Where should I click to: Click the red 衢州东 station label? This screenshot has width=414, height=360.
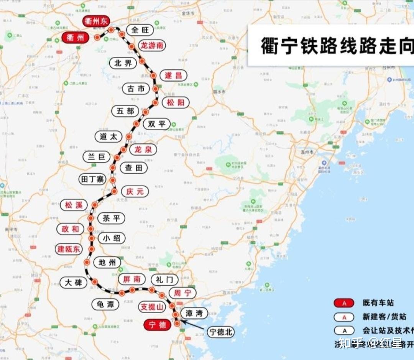pyautogui.click(x=96, y=21)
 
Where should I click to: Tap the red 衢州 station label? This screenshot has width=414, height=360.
pyautogui.click(x=75, y=38)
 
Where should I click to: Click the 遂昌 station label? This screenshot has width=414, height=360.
pyautogui.click(x=173, y=76)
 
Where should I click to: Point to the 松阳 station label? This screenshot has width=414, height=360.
pyautogui.click(x=176, y=102)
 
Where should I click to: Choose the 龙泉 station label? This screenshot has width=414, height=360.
pyautogui.click(x=143, y=150)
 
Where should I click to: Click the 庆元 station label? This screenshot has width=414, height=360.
pyautogui.click(x=135, y=191)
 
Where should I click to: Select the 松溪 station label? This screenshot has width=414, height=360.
pyautogui.click(x=74, y=205)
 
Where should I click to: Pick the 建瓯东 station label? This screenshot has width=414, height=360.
pyautogui.click(x=69, y=249)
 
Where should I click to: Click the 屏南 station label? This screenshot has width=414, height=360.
pyautogui.click(x=131, y=279)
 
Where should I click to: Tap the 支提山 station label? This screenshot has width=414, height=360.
pyautogui.click(x=152, y=307)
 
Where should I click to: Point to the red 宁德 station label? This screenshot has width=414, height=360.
pyautogui.click(x=157, y=325)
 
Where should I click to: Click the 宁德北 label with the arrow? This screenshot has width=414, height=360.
pyautogui.click(x=220, y=332)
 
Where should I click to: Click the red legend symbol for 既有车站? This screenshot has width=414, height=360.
pyautogui.click(x=344, y=303)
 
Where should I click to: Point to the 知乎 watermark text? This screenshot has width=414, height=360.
pyautogui.click(x=352, y=343)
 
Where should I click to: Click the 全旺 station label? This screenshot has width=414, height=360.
pyautogui.click(x=140, y=30)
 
